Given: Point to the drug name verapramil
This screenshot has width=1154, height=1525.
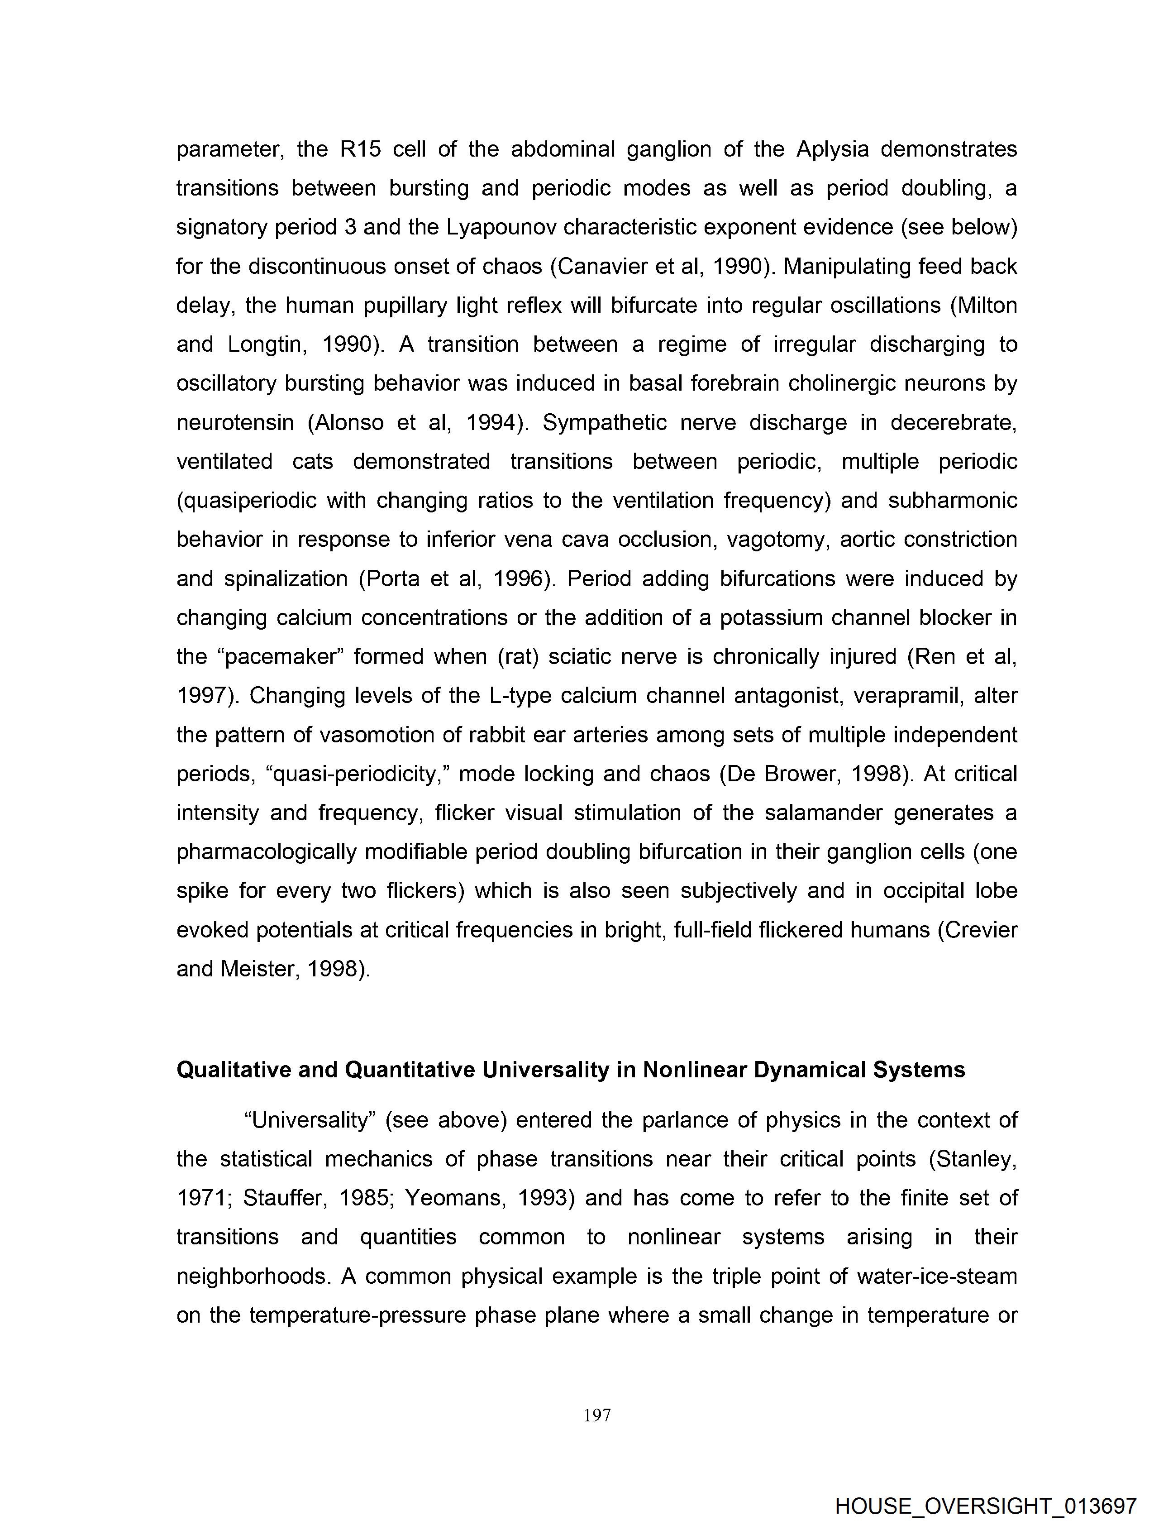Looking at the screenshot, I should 906,696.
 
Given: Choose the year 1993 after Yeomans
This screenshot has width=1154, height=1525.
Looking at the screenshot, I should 545,1198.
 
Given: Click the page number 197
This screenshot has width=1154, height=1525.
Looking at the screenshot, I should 597,1415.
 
